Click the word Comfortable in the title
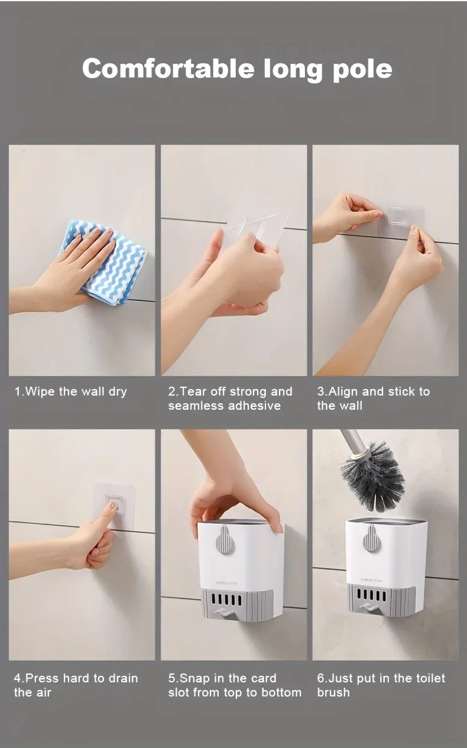coord(168,69)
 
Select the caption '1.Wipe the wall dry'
coord(71,391)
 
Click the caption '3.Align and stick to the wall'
coord(373,398)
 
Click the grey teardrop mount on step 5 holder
coord(224,539)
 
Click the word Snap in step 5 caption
coord(195,678)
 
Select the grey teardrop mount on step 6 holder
coord(371,539)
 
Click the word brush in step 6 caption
coord(333,692)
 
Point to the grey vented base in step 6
coord(381,601)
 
